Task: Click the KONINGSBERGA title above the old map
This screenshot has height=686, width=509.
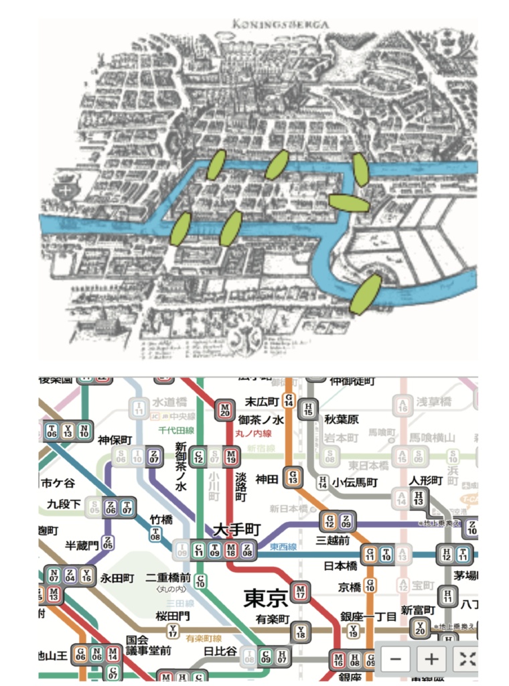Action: point(281,25)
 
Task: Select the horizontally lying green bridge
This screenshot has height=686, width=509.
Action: point(348,202)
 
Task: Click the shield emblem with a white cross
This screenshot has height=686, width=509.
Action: point(66,190)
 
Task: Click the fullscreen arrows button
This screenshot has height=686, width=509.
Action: point(467,659)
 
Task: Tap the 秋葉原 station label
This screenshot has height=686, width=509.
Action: point(342,420)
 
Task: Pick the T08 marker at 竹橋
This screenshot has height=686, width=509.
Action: point(155,533)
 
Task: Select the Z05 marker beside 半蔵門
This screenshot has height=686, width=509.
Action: point(108,543)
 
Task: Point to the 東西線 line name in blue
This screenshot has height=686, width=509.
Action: point(283,547)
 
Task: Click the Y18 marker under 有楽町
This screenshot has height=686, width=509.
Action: point(301,630)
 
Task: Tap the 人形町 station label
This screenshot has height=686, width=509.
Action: point(427,480)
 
